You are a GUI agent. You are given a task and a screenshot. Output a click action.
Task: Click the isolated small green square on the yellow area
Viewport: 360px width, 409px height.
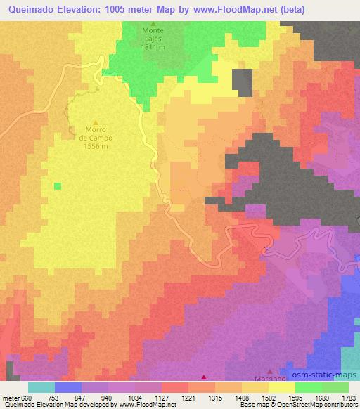point(58,186)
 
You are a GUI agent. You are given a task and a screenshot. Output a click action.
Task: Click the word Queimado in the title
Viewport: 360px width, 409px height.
point(32,9)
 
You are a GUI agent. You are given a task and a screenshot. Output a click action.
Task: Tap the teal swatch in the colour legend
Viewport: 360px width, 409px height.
point(41,387)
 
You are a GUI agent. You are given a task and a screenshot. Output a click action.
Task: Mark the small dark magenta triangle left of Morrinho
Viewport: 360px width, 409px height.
point(205,378)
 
